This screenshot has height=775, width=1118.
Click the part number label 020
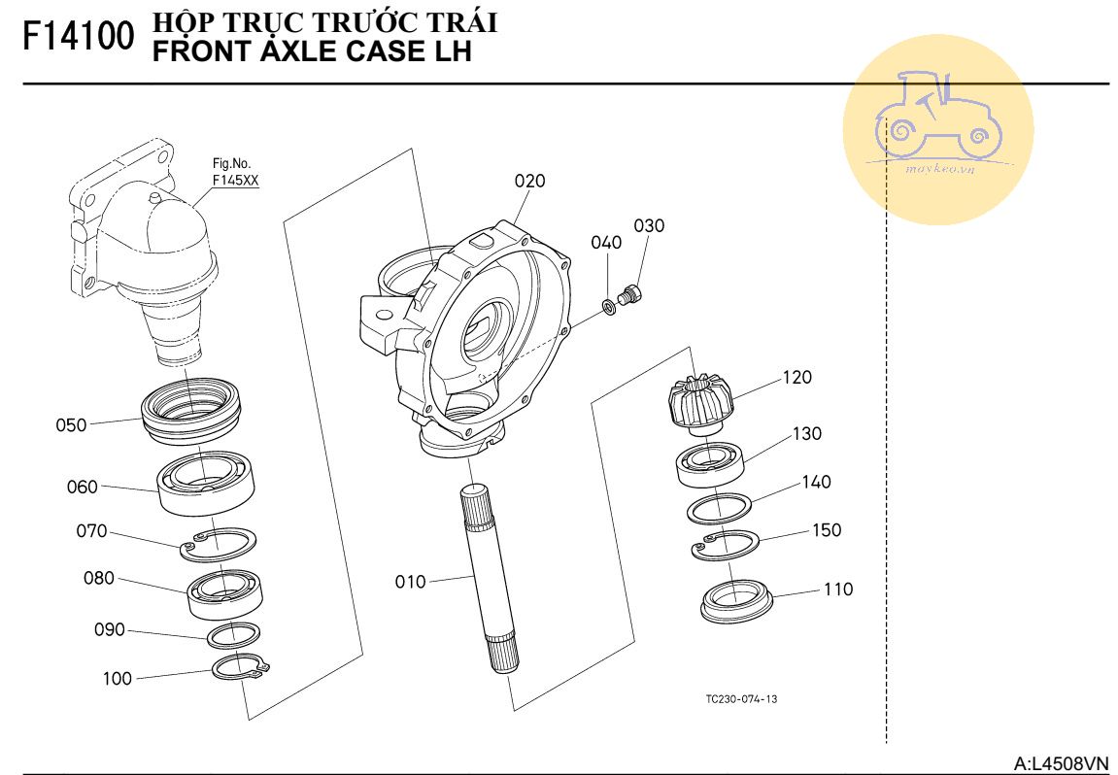(529, 181)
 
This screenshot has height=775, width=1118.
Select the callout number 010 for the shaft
(410, 582)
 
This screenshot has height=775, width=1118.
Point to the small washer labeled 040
(609, 307)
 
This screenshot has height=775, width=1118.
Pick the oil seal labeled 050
(192, 412)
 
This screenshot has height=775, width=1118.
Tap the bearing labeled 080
(221, 592)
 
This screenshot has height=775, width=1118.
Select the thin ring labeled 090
(233, 635)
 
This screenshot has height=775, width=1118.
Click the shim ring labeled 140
(719, 508)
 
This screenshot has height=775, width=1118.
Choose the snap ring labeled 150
(727, 546)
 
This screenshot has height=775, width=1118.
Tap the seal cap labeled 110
(736, 598)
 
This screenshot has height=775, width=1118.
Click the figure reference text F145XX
(234, 180)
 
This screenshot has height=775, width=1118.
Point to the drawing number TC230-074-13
(742, 699)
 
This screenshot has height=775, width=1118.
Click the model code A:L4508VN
(1061, 763)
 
